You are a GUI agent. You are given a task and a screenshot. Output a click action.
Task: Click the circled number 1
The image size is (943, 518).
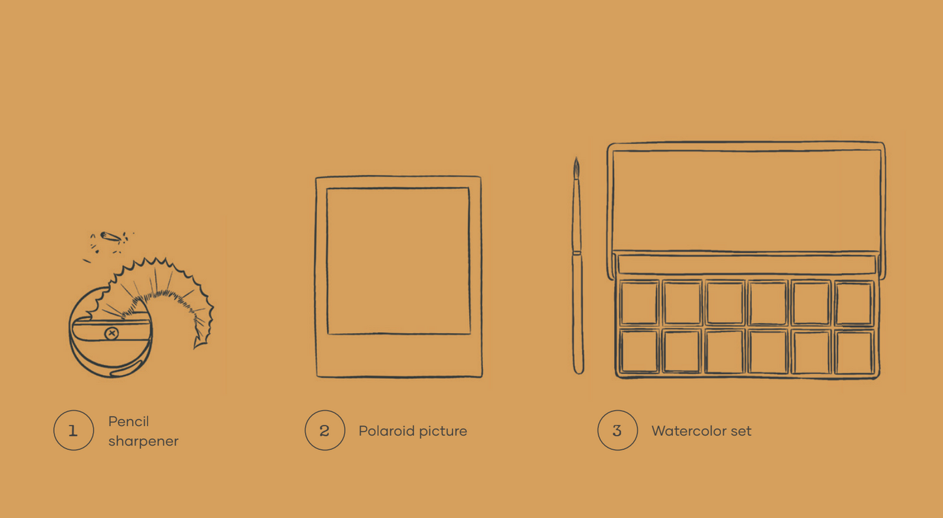[x=74, y=430]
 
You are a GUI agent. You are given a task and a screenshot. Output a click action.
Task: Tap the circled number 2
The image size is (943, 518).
[x=324, y=430]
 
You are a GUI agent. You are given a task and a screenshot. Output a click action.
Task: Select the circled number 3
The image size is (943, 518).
[x=617, y=430]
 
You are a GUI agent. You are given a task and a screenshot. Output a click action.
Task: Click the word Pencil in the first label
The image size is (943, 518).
[x=129, y=421]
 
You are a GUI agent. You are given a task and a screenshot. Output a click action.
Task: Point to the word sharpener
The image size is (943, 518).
[x=143, y=441]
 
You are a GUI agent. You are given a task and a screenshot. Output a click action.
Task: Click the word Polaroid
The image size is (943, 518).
[x=386, y=430]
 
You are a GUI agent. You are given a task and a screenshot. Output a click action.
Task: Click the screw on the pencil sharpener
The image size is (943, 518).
[x=112, y=333]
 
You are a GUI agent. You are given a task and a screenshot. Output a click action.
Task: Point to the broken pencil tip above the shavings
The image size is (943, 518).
[x=111, y=237]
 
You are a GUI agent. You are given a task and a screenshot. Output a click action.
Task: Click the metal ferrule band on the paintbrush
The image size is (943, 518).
[x=577, y=252]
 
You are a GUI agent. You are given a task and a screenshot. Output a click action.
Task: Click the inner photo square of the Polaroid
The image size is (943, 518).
[x=398, y=261]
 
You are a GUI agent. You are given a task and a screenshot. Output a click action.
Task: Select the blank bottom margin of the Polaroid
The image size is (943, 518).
[x=399, y=355]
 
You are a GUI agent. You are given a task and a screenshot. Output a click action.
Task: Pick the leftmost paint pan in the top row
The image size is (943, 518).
[x=639, y=302]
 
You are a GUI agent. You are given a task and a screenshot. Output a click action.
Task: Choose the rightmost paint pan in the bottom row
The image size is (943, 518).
[x=854, y=352]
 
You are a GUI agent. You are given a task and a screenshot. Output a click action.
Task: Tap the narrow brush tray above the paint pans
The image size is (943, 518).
[x=746, y=265]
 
